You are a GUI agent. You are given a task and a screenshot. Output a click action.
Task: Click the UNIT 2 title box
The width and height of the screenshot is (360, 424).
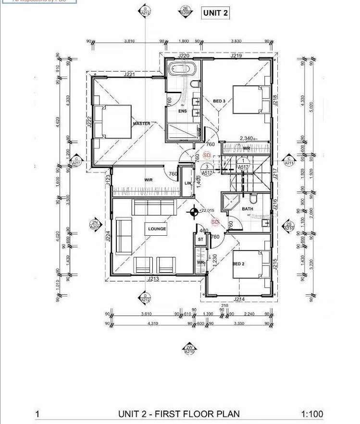(x=215, y=13)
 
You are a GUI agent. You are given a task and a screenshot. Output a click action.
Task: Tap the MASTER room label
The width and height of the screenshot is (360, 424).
(x=141, y=124)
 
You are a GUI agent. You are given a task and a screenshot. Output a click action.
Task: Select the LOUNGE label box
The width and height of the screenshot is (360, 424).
(x=157, y=229)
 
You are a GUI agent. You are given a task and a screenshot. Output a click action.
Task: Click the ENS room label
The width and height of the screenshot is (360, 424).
(x=182, y=111)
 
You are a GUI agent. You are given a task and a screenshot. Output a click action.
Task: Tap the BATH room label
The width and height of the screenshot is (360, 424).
(x=248, y=209)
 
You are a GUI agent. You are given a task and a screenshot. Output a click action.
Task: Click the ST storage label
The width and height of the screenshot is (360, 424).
(x=200, y=239)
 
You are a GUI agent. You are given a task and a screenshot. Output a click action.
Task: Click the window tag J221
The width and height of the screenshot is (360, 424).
(x=129, y=74)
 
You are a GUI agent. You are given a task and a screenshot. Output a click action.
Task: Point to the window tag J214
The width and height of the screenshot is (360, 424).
(x=239, y=300)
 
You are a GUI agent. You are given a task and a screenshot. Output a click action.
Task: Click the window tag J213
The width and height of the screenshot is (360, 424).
(x=153, y=279)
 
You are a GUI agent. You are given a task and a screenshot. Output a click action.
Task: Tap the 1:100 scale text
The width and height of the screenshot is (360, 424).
(x=312, y=414)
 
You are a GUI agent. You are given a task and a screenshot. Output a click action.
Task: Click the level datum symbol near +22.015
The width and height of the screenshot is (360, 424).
(x=194, y=210)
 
